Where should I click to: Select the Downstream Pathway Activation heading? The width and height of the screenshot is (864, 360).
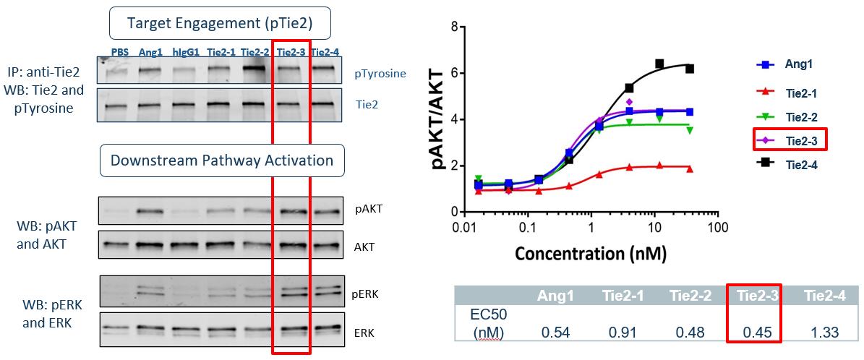[x=221, y=160]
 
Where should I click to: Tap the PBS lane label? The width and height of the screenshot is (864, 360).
[x=120, y=52]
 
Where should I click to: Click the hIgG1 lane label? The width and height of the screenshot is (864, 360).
[x=187, y=52]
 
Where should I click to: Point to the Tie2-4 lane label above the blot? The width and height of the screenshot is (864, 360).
[x=325, y=52]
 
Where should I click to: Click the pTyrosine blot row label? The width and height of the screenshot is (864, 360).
[x=380, y=74]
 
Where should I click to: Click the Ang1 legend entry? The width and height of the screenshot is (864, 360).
[x=799, y=64]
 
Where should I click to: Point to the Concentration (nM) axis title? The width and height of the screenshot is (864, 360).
[x=590, y=254]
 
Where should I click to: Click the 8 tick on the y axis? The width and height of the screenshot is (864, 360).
[x=453, y=27]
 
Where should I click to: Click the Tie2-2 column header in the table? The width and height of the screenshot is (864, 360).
[x=690, y=296]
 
